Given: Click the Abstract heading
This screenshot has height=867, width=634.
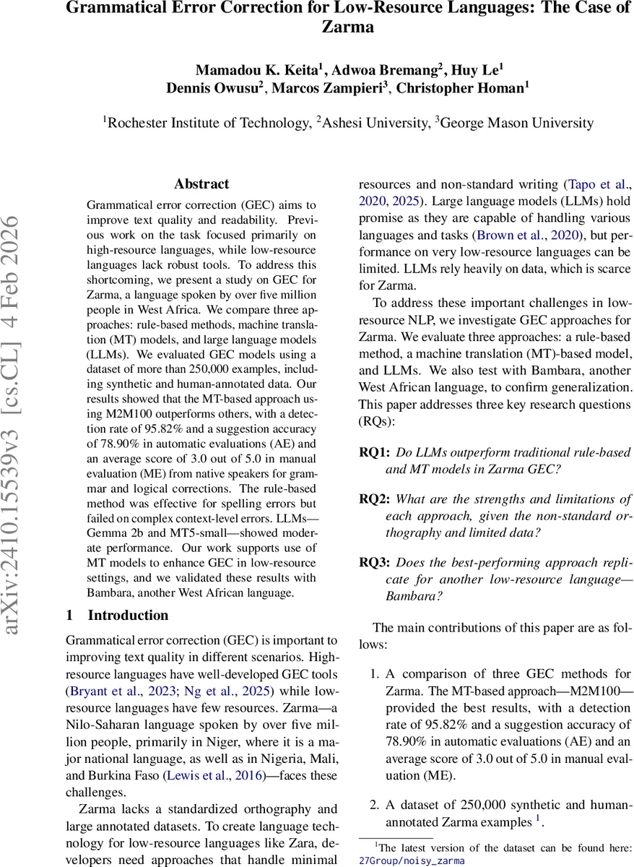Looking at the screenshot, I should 201,184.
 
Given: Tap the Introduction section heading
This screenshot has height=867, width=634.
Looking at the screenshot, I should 128,616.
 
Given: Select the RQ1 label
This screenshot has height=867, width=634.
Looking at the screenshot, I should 374,453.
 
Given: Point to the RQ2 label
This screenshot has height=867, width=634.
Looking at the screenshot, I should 374,499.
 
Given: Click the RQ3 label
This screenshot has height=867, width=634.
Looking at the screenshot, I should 374,561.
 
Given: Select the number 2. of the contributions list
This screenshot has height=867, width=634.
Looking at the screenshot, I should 374,805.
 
